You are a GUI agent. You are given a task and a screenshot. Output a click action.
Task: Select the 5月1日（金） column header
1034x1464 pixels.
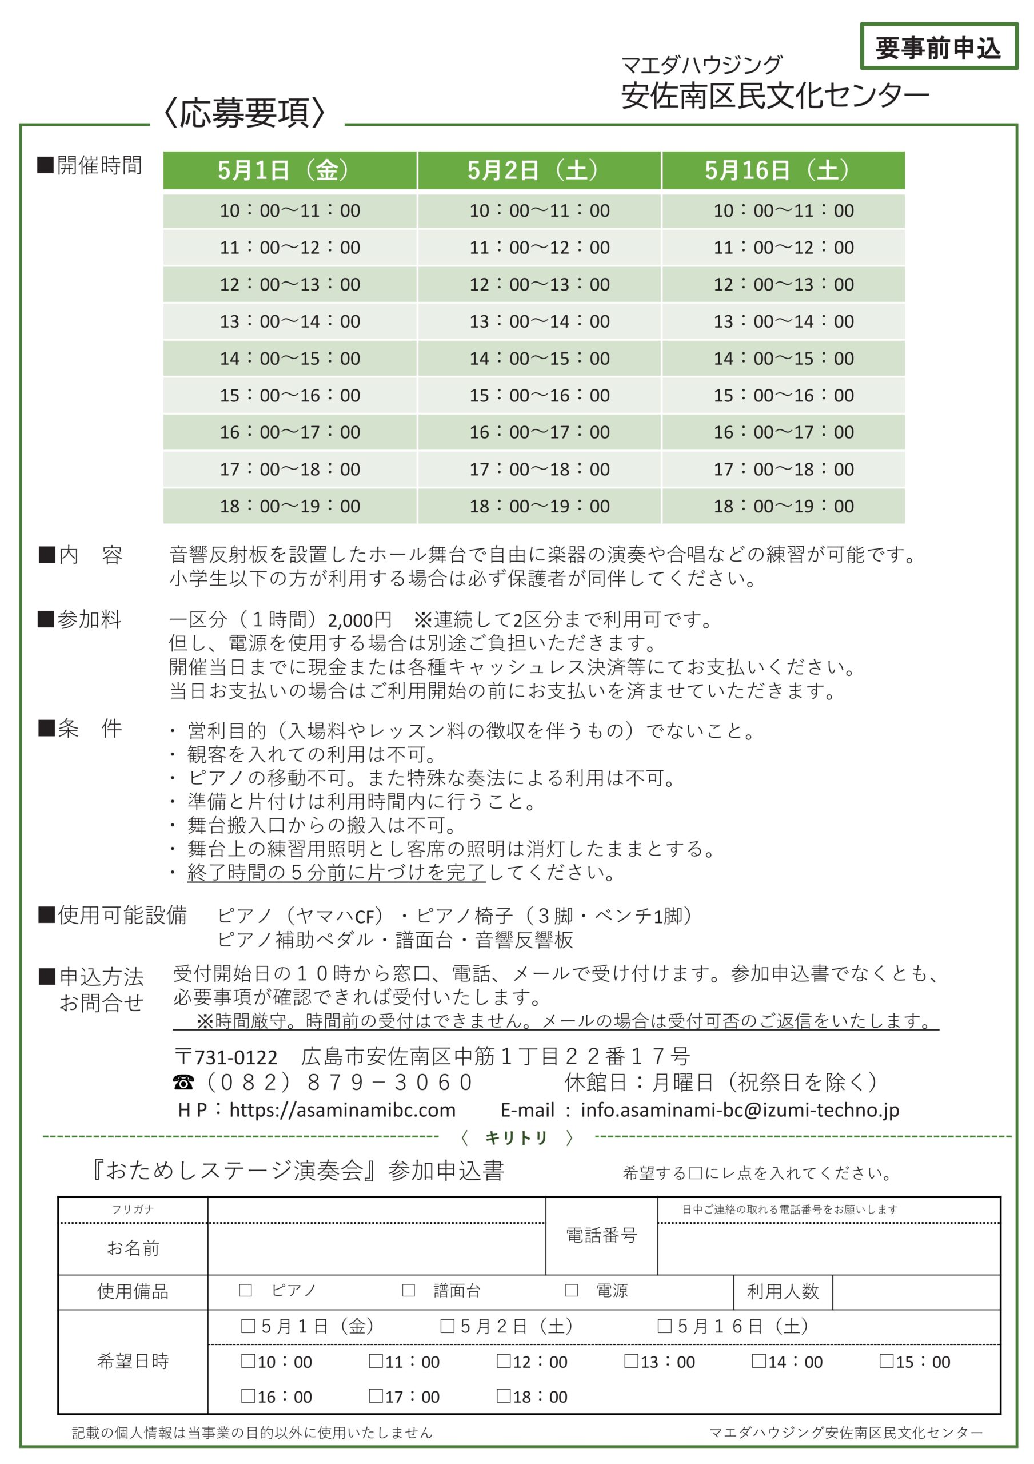pyautogui.click(x=289, y=170)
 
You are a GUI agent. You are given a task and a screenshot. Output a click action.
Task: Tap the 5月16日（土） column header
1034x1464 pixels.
pyautogui.click(x=783, y=170)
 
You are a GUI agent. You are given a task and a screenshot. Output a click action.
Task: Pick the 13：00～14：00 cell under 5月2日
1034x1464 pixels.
pyautogui.click(x=540, y=321)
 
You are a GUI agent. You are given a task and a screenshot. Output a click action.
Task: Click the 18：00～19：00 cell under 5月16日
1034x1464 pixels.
pyautogui.click(x=783, y=506)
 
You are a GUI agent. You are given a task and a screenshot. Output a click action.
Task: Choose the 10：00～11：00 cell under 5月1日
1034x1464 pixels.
pyautogui.click(x=289, y=210)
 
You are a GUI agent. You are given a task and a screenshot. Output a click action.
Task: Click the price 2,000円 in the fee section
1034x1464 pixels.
pyautogui.click(x=359, y=620)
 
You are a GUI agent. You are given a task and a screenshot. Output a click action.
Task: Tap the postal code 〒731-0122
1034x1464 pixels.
pyautogui.click(x=226, y=1057)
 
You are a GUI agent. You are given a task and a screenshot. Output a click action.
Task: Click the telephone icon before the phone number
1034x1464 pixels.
pyautogui.click(x=183, y=1083)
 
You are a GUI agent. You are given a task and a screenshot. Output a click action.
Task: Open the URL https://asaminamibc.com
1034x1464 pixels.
pyautogui.click(x=342, y=1110)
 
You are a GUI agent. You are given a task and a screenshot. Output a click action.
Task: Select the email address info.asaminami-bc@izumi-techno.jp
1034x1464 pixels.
pyautogui.click(x=740, y=1110)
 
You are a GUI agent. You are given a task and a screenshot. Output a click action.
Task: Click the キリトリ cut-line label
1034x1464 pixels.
pyautogui.click(x=516, y=1138)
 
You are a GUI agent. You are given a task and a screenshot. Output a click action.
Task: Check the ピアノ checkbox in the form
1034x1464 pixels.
pyautogui.click(x=245, y=1291)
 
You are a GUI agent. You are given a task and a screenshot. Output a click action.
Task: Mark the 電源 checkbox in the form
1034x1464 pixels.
pyautogui.click(x=571, y=1291)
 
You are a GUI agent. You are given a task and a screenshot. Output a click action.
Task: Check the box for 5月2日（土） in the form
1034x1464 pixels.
pyautogui.click(x=448, y=1327)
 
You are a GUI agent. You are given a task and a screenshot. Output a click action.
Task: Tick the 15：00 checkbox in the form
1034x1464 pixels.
pyautogui.click(x=885, y=1362)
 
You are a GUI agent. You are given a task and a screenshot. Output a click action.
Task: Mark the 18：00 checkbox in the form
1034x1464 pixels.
pyautogui.click(x=503, y=1397)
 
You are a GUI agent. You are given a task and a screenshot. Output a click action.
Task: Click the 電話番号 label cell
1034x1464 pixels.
pyautogui.click(x=601, y=1236)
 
